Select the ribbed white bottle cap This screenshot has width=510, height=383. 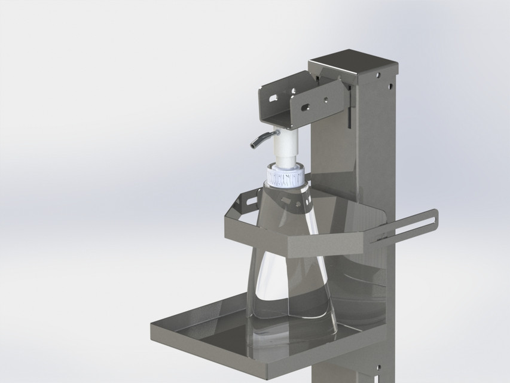286,175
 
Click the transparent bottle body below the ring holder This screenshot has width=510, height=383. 291,281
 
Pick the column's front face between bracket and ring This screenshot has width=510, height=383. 335,162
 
